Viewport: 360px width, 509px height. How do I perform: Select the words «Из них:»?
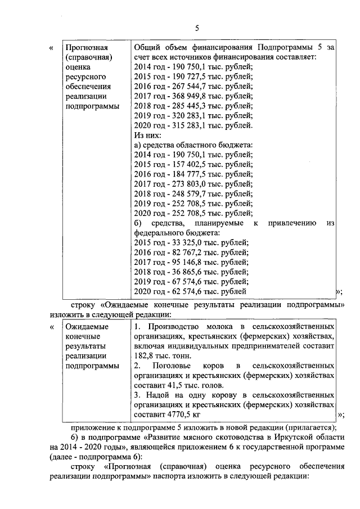(148, 135)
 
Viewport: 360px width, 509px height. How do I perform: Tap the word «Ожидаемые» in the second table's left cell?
(86, 326)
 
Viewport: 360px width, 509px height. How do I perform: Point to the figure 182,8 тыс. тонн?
(160, 355)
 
